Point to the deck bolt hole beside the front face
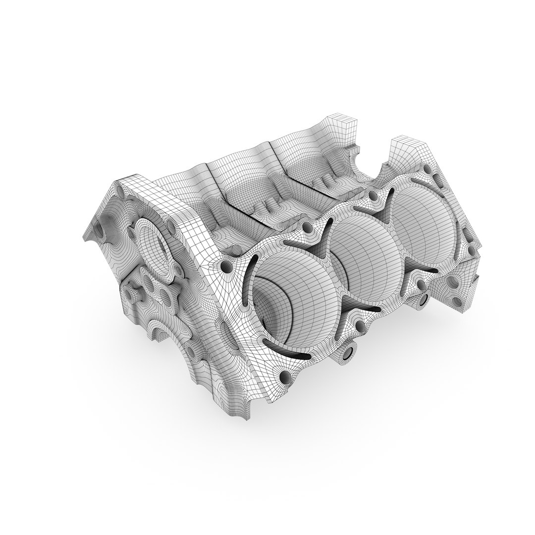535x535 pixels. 226,267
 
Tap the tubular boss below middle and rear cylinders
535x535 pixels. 424,298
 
